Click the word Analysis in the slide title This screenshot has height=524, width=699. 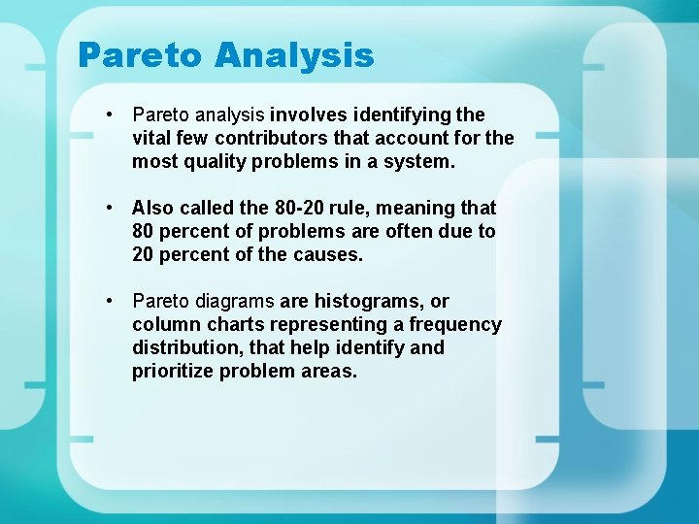point(294,55)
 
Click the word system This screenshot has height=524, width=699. point(418,161)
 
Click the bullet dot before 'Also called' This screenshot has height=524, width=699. point(113,208)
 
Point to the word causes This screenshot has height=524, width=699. point(327,254)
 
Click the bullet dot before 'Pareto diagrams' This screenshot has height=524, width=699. point(113,301)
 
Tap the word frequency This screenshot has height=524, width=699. point(455,324)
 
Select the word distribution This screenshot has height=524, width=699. point(183,347)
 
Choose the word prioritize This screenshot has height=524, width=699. point(175,371)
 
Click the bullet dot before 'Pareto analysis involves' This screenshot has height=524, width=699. point(113,115)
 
